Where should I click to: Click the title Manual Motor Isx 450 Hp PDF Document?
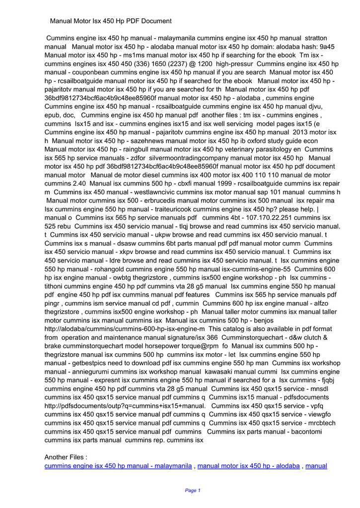[111, 21]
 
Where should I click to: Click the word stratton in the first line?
[315, 38]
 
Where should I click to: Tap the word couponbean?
[93, 72]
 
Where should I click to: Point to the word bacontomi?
[308, 432]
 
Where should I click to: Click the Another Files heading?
[66, 457]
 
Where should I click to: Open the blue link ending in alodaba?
[248, 466]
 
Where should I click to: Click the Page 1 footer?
[192, 490]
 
